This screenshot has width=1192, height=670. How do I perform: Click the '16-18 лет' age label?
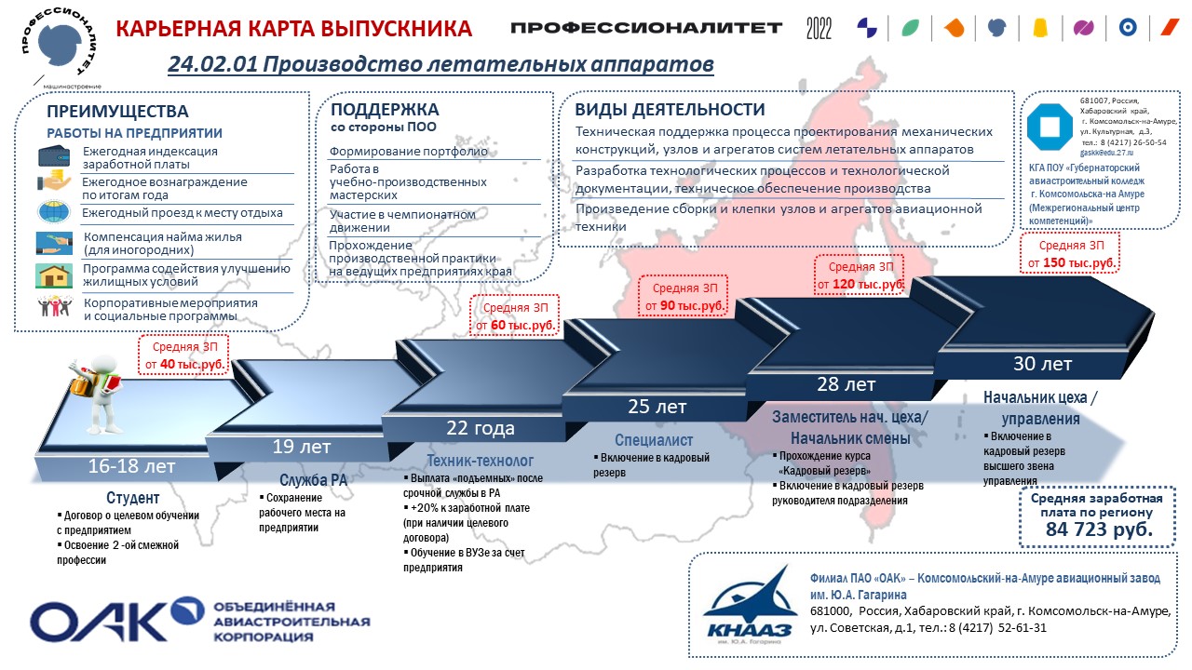(x=131, y=466)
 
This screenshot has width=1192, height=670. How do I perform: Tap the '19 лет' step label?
(x=301, y=447)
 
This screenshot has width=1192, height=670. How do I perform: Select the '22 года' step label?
(x=480, y=428)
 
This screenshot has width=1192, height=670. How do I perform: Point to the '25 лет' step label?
(x=657, y=407)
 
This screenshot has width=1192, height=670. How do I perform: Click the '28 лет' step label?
(x=847, y=384)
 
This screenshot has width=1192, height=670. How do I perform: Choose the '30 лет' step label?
(x=1042, y=364)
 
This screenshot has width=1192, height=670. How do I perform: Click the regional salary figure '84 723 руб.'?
(x=1099, y=529)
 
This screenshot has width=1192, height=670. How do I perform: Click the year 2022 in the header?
(x=819, y=29)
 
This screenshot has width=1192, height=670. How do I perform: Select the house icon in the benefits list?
(x=54, y=276)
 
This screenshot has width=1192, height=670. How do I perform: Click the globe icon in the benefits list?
(x=54, y=211)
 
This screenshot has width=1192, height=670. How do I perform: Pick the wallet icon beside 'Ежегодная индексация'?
(x=54, y=156)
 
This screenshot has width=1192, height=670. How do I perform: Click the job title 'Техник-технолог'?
(x=480, y=461)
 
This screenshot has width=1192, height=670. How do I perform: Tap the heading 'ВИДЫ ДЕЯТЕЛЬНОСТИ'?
(x=670, y=110)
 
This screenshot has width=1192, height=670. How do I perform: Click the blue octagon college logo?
(x=1050, y=127)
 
